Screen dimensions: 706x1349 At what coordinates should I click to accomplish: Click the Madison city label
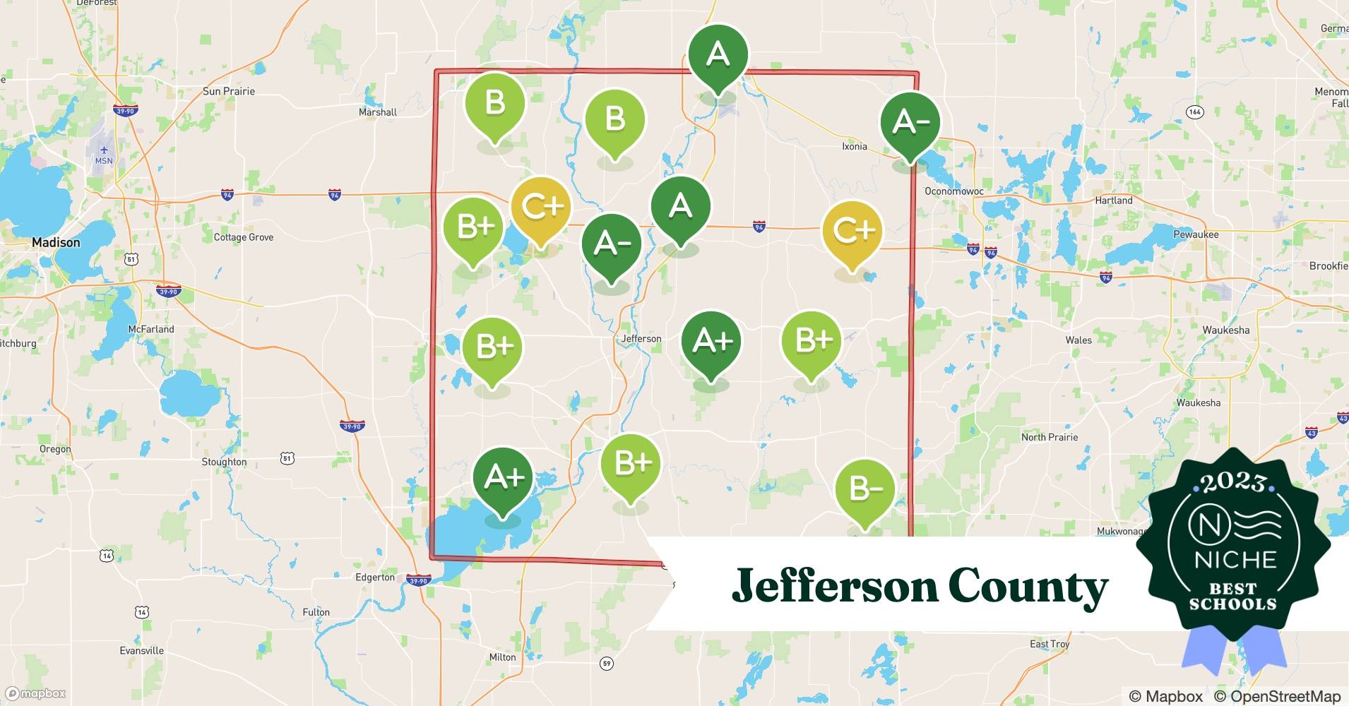(x=56, y=242)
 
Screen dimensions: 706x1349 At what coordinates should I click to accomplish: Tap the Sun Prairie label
(x=228, y=91)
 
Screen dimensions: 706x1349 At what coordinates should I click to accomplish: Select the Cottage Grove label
(x=243, y=237)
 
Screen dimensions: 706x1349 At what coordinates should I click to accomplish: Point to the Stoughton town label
(x=224, y=462)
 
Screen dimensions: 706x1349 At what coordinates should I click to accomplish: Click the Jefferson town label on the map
(x=641, y=339)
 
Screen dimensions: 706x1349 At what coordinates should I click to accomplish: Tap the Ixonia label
(x=854, y=146)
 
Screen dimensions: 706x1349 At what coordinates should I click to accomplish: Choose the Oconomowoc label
(x=953, y=191)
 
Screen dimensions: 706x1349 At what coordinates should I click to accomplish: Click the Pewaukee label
(x=1196, y=234)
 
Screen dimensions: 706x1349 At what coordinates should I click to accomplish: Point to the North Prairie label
(x=1049, y=437)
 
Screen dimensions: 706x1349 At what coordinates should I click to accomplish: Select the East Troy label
(x=1049, y=644)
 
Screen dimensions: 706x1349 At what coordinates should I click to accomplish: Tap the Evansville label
(x=141, y=650)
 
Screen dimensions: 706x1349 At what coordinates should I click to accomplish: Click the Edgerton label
(x=374, y=578)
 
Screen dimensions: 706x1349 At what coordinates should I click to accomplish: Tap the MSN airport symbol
(x=104, y=150)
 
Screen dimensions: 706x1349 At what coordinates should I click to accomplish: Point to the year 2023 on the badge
(x=1233, y=481)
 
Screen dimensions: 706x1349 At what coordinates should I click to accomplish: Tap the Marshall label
(x=377, y=112)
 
